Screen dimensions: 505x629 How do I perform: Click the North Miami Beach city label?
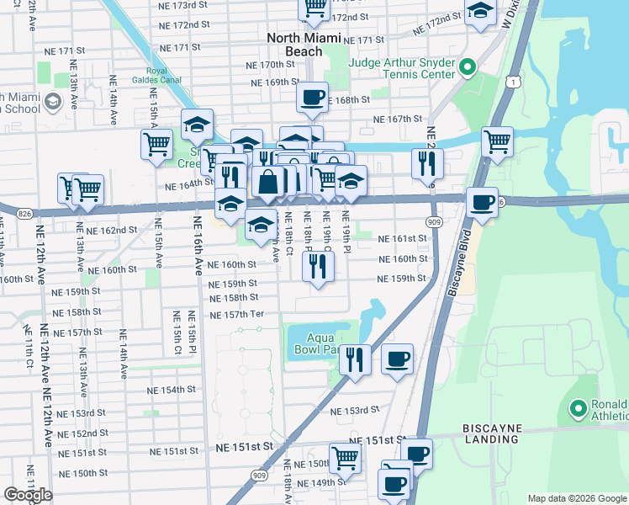[x=304, y=45]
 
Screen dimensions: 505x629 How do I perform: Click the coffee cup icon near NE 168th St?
[x=312, y=97]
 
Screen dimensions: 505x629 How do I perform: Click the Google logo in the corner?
[x=28, y=495]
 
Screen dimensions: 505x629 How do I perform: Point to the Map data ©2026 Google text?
[x=576, y=498]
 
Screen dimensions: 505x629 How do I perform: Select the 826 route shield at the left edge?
[x=24, y=215]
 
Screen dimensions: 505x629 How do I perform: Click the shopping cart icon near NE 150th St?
[x=344, y=458]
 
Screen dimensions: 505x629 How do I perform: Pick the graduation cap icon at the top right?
[x=480, y=13]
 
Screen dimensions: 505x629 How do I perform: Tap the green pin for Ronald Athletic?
[x=578, y=409]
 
